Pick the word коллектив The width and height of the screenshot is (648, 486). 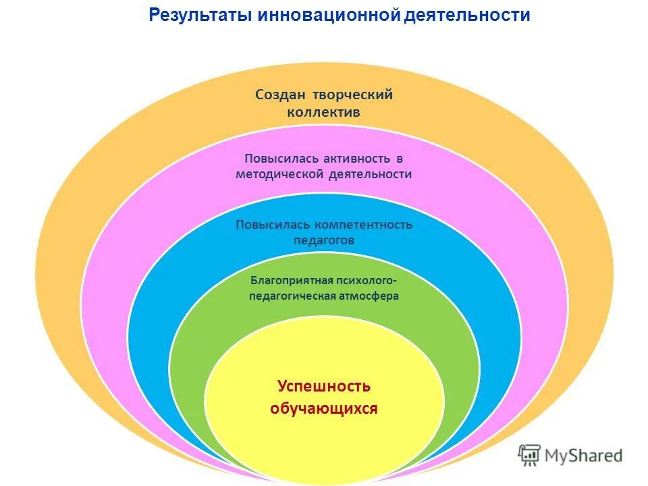point(324,112)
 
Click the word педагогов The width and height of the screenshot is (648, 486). point(324,240)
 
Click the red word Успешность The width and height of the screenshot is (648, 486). point(324,386)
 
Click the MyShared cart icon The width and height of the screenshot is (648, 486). point(530,454)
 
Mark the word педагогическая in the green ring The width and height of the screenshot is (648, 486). point(292,296)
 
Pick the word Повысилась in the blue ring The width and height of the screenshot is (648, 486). point(267,225)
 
